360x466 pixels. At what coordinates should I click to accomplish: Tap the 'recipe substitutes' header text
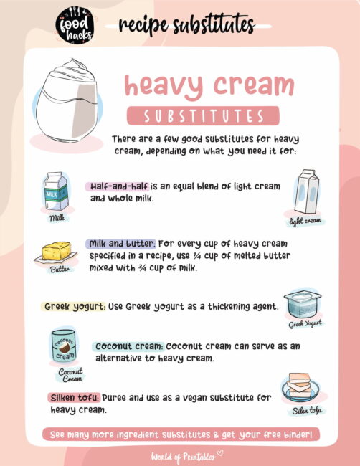pyautogui.click(x=186, y=26)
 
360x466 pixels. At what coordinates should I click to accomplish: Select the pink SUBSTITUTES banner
pyautogui.click(x=203, y=115)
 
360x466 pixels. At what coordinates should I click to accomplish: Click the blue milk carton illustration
pyautogui.click(x=57, y=191)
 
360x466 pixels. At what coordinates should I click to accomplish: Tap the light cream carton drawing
pyautogui.click(x=305, y=191)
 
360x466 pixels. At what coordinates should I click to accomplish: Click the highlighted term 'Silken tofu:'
pyautogui.click(x=75, y=397)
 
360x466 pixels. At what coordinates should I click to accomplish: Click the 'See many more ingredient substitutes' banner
pyautogui.click(x=181, y=434)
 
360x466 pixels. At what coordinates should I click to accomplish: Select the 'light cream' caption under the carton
pyautogui.click(x=305, y=221)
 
